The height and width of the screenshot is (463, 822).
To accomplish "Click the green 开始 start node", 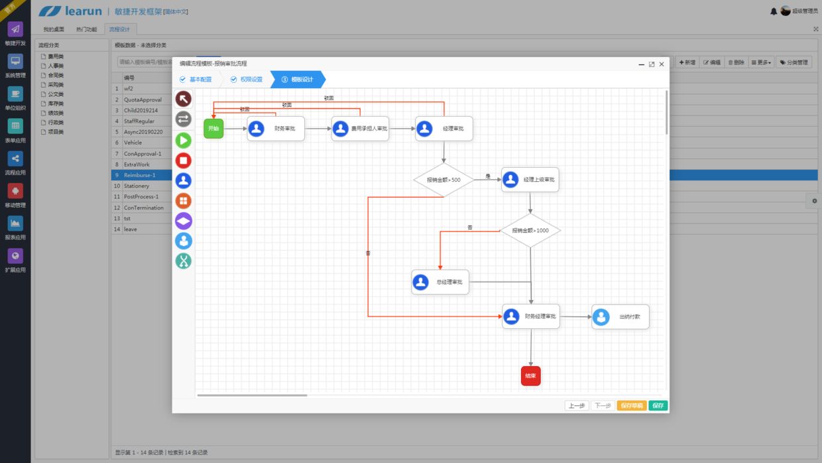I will click(213, 129).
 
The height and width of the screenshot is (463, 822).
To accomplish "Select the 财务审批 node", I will click(276, 129).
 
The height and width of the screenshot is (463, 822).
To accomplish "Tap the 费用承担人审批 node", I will click(360, 129).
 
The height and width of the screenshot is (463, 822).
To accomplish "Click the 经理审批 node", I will click(444, 129).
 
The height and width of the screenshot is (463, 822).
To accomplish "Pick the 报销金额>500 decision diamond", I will click(443, 180).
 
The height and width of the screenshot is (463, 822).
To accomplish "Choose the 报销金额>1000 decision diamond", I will click(530, 231).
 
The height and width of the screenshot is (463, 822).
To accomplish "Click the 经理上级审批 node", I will click(530, 180).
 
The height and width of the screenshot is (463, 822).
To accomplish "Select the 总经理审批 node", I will click(440, 282).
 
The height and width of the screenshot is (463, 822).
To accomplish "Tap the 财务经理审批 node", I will click(530, 317).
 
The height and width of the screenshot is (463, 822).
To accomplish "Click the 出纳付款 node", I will click(620, 317).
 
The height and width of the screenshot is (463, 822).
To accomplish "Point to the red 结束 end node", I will click(531, 376).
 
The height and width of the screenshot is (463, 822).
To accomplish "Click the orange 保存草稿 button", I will click(631, 405).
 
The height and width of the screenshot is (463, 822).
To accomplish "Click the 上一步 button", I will click(576, 405).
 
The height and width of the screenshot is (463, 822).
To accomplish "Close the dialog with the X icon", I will click(662, 64).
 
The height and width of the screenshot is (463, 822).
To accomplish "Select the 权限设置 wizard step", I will click(247, 80).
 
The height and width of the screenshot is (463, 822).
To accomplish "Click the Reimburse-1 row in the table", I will click(139, 175).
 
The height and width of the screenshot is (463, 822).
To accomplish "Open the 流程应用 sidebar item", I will click(15, 162).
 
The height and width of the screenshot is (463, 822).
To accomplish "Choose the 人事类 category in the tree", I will click(56, 66).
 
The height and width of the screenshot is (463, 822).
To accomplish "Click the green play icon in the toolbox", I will click(184, 140).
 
